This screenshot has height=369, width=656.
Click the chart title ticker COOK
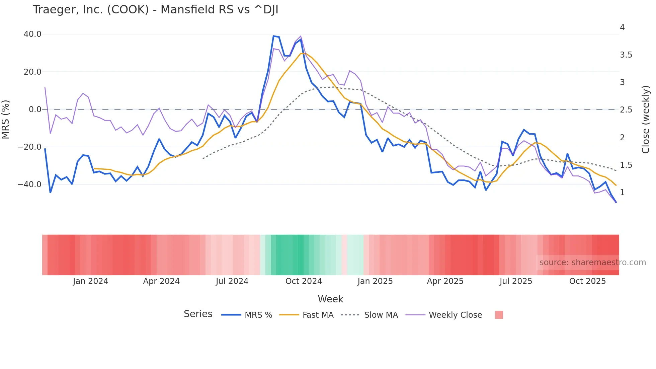(x=128, y=10)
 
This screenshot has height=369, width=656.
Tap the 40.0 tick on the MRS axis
(x=32, y=34)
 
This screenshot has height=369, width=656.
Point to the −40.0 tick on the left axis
(x=29, y=185)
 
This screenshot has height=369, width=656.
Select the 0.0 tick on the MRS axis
(x=35, y=109)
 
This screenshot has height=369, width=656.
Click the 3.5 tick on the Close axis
(x=626, y=55)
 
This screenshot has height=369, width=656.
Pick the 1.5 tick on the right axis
(x=626, y=165)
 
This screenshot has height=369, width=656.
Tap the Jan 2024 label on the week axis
(x=90, y=281)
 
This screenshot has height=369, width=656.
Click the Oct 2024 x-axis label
(x=304, y=281)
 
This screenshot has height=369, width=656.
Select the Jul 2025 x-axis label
(x=516, y=281)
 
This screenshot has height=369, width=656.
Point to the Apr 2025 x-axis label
(x=445, y=281)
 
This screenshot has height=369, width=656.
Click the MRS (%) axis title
(x=6, y=119)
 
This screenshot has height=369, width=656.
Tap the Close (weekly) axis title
(x=646, y=120)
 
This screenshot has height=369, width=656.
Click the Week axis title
(x=330, y=299)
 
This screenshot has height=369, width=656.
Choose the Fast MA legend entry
(x=318, y=315)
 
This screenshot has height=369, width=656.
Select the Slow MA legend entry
(x=381, y=315)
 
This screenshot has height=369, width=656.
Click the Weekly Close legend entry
(x=455, y=315)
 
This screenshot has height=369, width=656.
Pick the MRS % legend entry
(x=258, y=315)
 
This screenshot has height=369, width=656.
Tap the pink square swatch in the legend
(x=499, y=315)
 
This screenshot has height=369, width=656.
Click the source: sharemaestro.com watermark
(x=592, y=263)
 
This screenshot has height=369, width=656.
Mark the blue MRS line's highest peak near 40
(x=274, y=36)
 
